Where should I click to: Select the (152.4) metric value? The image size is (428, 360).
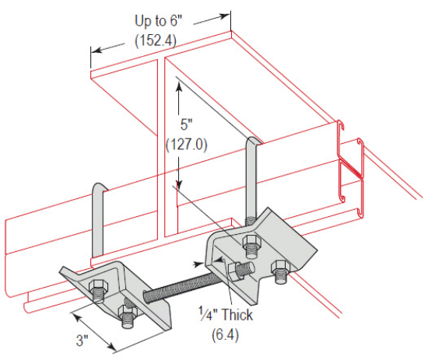click(160, 40)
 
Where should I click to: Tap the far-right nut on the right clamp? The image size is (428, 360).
click(281, 271)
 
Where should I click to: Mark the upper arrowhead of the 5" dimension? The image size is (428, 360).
click(180, 87)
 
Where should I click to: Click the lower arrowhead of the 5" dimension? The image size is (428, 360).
click(180, 187)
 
